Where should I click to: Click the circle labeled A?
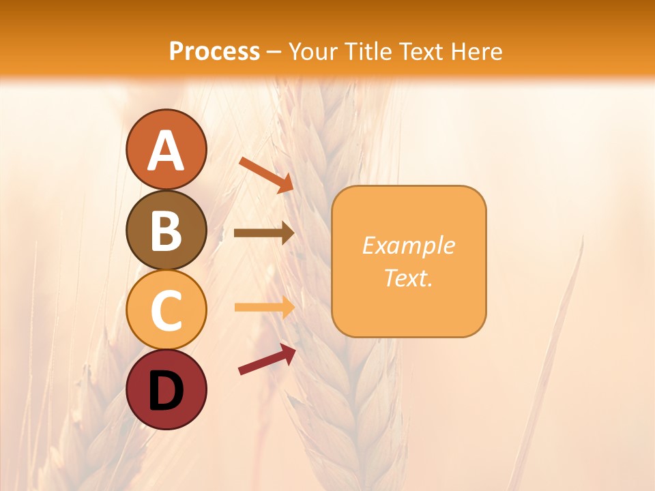[x=166, y=149]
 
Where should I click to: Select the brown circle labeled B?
[x=166, y=230]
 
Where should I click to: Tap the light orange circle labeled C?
[x=166, y=310]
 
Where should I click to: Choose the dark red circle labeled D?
[x=166, y=389]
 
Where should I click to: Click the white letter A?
[x=166, y=150]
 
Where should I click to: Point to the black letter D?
[x=166, y=391]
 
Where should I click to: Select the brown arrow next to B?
[x=263, y=233]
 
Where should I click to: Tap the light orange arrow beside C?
[x=263, y=307]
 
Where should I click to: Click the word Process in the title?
[x=214, y=52]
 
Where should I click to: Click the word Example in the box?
[x=408, y=245]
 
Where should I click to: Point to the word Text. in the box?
[x=408, y=278]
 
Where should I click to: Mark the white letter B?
[x=166, y=230]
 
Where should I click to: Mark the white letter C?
[x=166, y=310]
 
